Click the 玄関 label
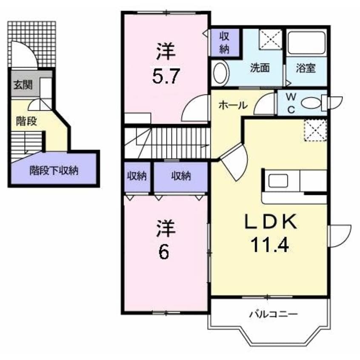(x=23, y=85)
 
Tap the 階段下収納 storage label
(x=54, y=171)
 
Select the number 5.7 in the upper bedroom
(x=166, y=76)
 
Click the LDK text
(x=271, y=222)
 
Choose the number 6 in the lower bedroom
(x=164, y=251)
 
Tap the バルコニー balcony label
(x=274, y=314)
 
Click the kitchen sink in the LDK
(x=278, y=180)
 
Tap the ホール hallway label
(x=233, y=106)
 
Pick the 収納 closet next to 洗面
(x=225, y=43)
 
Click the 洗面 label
(x=260, y=68)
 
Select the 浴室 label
(x=306, y=68)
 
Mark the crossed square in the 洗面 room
(x=271, y=40)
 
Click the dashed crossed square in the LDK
(x=315, y=130)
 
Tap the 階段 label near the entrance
(x=26, y=121)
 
